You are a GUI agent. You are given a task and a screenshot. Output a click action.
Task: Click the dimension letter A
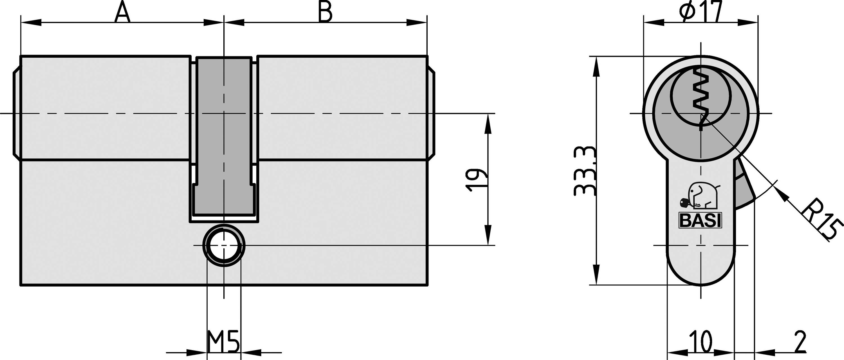(x=123, y=12)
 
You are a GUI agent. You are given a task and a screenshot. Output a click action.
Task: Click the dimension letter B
(x=325, y=12)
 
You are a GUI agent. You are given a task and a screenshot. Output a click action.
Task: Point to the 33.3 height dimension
(x=585, y=171)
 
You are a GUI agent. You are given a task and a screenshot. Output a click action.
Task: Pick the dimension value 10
(x=701, y=341)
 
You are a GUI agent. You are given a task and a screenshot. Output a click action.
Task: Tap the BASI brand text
(x=701, y=221)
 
